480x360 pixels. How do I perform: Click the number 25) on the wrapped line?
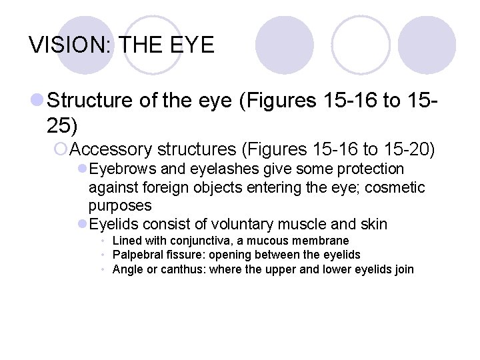tap(63, 124)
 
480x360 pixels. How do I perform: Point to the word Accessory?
tap(111, 148)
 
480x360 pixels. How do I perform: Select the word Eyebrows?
tap(118, 169)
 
